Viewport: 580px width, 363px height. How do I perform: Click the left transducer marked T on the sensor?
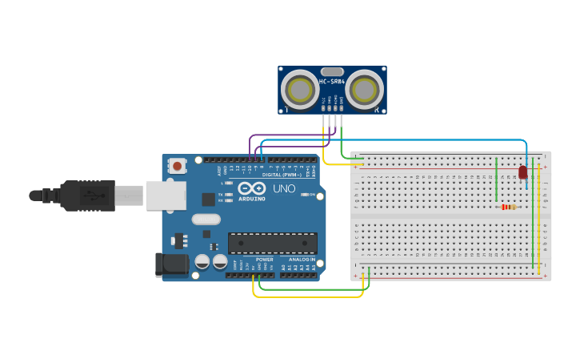click(304, 89)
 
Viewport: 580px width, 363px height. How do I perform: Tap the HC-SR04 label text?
click(332, 82)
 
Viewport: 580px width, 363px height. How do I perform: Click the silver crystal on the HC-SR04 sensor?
click(332, 71)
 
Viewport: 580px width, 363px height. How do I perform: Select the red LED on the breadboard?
click(523, 172)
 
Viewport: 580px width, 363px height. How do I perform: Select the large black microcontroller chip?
click(272, 243)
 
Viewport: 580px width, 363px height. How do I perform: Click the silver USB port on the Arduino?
click(166, 196)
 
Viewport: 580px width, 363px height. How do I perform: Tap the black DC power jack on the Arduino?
click(170, 265)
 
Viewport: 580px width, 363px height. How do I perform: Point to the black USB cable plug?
click(88, 195)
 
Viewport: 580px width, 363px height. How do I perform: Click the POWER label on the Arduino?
click(265, 260)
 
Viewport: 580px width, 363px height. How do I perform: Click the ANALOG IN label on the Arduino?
click(302, 260)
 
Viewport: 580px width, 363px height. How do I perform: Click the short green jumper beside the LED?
click(497, 180)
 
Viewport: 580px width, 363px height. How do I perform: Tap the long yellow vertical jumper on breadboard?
click(539, 216)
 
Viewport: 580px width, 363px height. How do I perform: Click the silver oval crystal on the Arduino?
click(206, 219)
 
